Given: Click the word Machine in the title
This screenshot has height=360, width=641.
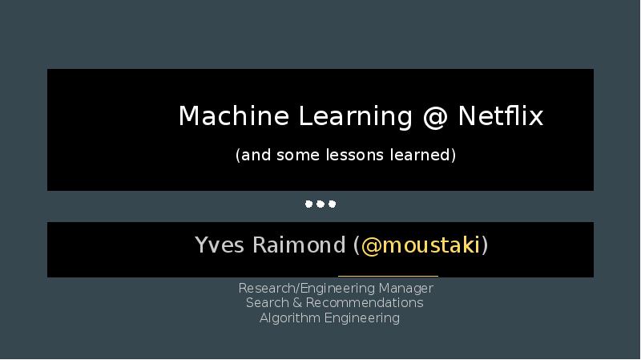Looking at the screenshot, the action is click(x=234, y=115).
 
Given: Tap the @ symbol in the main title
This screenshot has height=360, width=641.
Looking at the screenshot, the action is click(x=435, y=118).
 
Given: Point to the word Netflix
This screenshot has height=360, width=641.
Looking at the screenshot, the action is click(x=501, y=115).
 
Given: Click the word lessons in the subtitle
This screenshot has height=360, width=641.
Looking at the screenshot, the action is click(x=354, y=155).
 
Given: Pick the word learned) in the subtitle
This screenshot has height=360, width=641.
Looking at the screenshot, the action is click(x=423, y=155).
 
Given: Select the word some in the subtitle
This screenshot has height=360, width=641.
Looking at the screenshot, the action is click(x=297, y=156).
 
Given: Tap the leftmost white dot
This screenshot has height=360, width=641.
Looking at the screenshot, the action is click(x=308, y=204).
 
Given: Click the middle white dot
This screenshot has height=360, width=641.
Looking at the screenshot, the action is click(x=320, y=204).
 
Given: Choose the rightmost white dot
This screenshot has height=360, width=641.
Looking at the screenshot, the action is click(x=333, y=204).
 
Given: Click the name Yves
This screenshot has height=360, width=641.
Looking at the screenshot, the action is click(x=220, y=245).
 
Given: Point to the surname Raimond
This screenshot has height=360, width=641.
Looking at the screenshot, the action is click(x=299, y=245).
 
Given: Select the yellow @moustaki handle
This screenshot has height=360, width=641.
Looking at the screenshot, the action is click(x=421, y=245).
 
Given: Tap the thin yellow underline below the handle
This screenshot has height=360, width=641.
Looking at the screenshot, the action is click(x=388, y=276).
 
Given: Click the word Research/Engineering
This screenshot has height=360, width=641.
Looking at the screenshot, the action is click(x=307, y=289).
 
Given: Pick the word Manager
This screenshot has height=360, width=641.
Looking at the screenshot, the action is click(x=406, y=289).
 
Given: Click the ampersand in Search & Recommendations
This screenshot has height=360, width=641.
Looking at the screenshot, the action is click(x=297, y=303).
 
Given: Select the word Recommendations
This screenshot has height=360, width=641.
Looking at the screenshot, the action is click(x=365, y=303).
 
